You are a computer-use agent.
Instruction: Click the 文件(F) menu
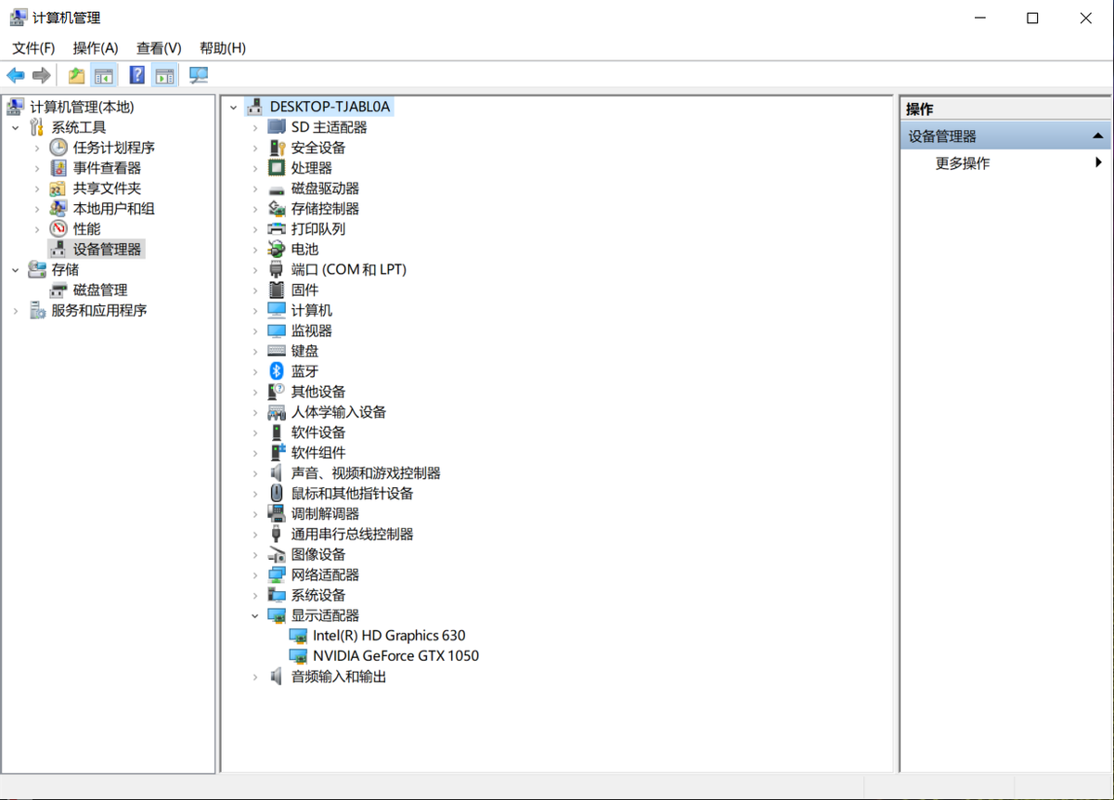coord(33,48)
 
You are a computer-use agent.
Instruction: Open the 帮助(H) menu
coord(222,48)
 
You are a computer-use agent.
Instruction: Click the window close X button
coord(1085,19)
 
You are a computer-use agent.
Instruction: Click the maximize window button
coord(1032,19)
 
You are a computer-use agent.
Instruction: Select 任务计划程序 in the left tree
coord(113,148)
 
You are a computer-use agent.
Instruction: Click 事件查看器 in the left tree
coord(107,168)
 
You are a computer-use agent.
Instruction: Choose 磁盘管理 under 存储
coord(100,290)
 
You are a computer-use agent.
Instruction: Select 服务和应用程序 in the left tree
coord(98,310)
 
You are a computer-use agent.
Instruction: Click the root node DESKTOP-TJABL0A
coord(330,107)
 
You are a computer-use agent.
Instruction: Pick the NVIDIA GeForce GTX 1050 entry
coord(395,656)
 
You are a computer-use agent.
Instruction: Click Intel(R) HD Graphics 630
coord(388,636)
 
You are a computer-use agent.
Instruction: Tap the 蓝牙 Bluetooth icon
coord(276,371)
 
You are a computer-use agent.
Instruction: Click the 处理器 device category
coord(311,168)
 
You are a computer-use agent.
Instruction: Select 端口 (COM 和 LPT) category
coord(348,270)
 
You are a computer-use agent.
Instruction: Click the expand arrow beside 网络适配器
coord(255,575)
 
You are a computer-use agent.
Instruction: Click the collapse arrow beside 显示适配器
coord(255,615)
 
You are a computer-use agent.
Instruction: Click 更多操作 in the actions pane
coord(962,163)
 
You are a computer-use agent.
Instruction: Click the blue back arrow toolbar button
coord(16,76)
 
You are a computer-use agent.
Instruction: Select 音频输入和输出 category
coord(338,677)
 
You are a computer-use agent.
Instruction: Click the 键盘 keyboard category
coord(304,351)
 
